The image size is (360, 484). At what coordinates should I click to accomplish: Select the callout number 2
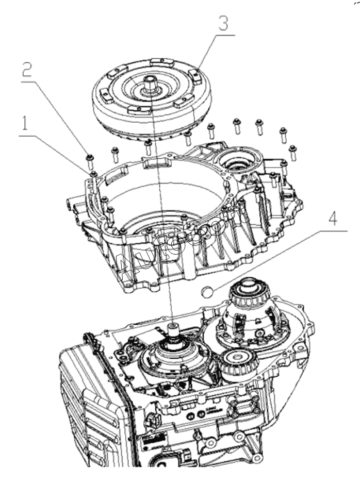click(x=27, y=71)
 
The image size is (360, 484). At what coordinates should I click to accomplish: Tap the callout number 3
click(x=223, y=23)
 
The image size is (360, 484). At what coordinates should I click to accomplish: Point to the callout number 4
click(x=332, y=219)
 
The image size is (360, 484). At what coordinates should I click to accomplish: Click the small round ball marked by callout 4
click(x=207, y=291)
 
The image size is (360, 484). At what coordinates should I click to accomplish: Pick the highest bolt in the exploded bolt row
click(x=237, y=126)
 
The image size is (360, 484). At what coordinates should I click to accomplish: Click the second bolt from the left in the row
click(x=115, y=155)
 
